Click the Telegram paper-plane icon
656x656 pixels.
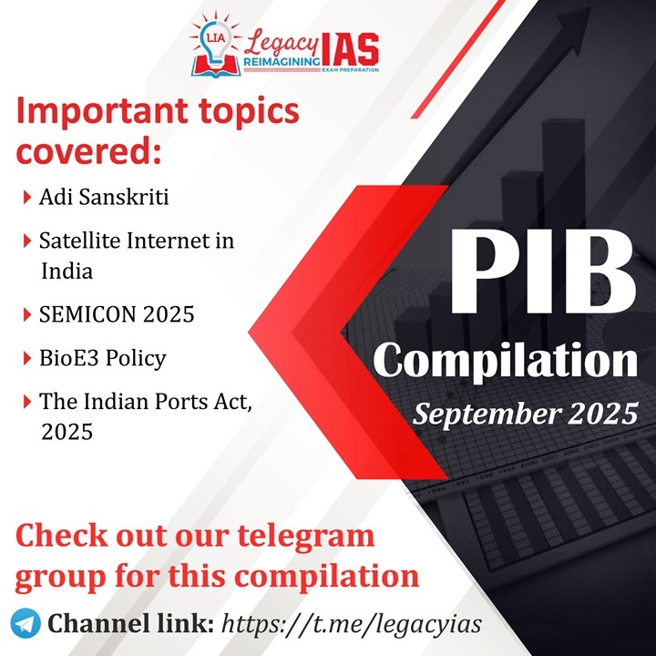coord(26,623)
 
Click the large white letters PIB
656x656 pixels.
coord(543,272)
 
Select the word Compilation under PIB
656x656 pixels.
coord(506,361)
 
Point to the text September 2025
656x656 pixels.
coord(526,415)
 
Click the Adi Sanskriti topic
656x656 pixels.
coord(104,197)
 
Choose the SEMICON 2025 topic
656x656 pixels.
coord(117,313)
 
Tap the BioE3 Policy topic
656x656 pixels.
coord(102,359)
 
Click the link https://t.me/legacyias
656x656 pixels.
coord(352,624)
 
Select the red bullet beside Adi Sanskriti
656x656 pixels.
coord(27,197)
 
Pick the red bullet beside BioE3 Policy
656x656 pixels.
coord(27,359)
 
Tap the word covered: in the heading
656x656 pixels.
coord(88,151)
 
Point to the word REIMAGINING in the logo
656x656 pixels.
coord(282,62)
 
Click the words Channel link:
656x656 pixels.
coord(130,623)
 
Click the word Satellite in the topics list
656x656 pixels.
coord(79,241)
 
